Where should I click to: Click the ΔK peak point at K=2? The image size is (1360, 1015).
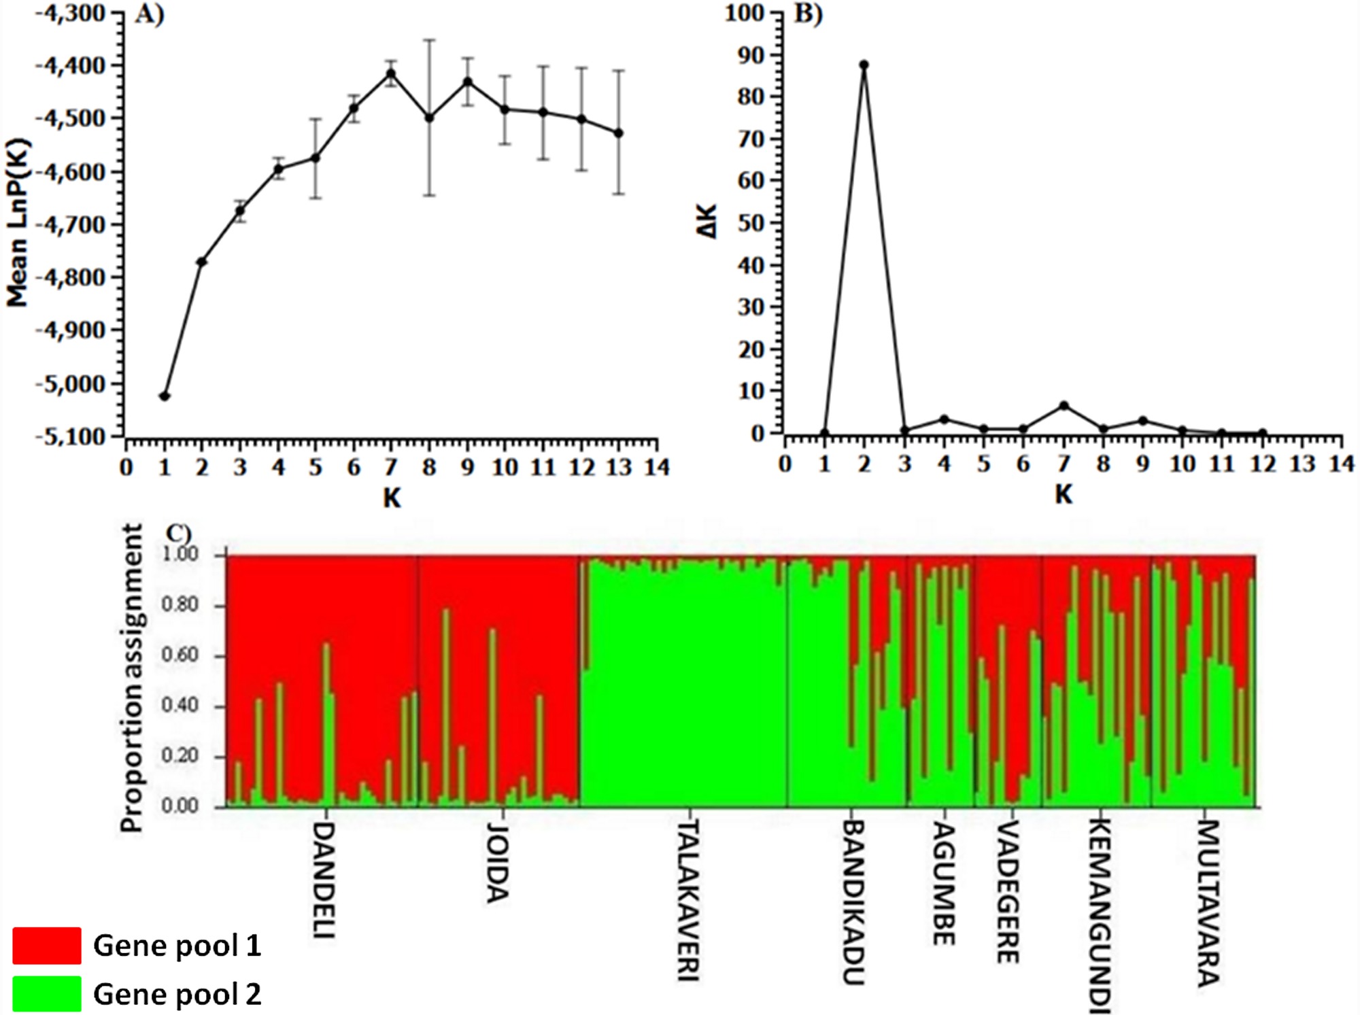tap(864, 65)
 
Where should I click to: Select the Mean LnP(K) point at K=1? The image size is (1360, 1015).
tap(164, 396)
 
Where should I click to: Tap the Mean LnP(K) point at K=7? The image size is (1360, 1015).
tap(391, 73)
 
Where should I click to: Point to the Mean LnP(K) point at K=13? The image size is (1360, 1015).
tap(619, 133)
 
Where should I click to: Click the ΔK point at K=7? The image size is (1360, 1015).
tap(1064, 406)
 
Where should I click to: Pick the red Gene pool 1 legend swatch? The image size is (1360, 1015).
tap(46, 945)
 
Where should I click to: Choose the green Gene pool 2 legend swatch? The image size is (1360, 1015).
tap(46, 993)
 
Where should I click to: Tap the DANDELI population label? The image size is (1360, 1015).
tap(324, 880)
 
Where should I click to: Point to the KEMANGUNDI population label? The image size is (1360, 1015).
tap(1100, 914)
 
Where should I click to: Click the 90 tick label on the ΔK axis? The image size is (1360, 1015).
tap(751, 55)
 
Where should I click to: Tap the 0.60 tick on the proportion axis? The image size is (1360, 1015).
tap(180, 655)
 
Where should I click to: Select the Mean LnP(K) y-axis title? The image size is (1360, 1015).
tap(18, 223)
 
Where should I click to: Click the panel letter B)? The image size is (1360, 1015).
tap(808, 14)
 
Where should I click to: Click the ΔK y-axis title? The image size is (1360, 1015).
tap(708, 222)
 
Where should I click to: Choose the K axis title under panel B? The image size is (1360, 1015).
tap(1064, 494)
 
